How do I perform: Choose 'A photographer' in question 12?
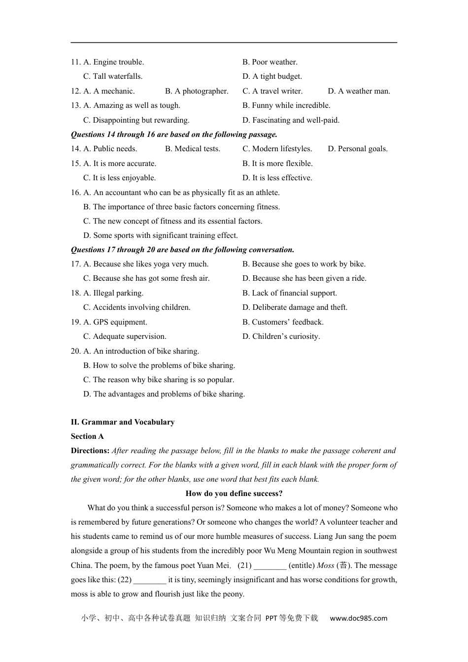pos(197,91)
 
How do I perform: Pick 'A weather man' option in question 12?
pos(359,91)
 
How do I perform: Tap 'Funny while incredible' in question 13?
pos(286,105)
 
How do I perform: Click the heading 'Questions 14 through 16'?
pos(174,134)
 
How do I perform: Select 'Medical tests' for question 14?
pos(193,149)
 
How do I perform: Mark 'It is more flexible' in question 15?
pos(277,164)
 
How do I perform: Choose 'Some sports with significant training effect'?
pos(161,235)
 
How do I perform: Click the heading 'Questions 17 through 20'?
pos(182,250)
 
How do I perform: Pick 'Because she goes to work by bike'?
pos(304,264)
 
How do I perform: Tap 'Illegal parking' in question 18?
pos(114,293)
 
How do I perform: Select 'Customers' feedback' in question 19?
pos(283,322)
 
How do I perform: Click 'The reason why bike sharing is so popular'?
pos(159,380)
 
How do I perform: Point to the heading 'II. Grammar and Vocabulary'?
pos(123,422)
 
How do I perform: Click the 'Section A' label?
pos(87,436)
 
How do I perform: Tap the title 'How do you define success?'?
pos(234,494)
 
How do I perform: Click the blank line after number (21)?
pos(270,566)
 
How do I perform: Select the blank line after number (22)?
pos(150,581)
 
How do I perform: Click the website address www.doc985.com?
pos(359,618)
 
